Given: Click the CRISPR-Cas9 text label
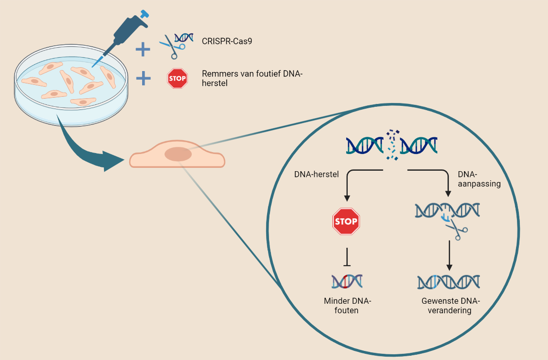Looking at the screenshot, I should coord(227,41).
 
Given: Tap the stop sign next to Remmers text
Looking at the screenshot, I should coord(177,78).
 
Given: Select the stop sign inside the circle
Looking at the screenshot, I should coord(346,222).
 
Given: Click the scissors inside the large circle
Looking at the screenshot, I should coord(457,231).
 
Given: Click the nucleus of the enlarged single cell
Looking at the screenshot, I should coord(178,154).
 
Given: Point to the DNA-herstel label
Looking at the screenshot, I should coord(316,175).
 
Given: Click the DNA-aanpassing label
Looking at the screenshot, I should coord(479,179).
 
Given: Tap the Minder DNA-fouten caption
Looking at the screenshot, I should coord(347,306).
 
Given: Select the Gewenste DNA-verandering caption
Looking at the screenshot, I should coord(450,306).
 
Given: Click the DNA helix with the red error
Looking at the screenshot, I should coord(347,282).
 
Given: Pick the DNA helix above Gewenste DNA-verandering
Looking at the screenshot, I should coord(448,282).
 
